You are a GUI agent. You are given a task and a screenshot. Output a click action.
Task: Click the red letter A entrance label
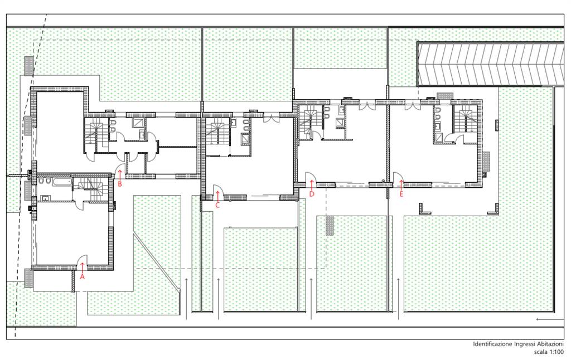pos(82,276)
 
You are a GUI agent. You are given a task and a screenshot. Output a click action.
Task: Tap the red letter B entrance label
pos(120,184)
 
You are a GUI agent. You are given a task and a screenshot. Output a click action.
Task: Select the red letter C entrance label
pos(217,205)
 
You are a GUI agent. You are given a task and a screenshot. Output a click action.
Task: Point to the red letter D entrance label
pos(311,194)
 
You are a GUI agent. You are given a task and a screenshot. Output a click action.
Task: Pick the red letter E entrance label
pos(401,194)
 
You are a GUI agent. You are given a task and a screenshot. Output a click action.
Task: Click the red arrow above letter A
pos(82,267)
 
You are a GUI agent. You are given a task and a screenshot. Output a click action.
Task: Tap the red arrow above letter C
pos(217,196)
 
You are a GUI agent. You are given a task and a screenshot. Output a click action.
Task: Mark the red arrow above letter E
pos(401,185)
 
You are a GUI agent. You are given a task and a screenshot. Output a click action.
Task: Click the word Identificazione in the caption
pos(492,344)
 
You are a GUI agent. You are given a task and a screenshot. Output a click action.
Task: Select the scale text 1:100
pos(556,352)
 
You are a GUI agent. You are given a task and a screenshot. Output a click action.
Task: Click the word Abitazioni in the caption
pos(550,344)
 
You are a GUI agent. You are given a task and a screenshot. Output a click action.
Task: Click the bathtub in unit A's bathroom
pos(61,182)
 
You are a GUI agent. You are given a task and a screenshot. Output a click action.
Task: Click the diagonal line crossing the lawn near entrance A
pos(157,262)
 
